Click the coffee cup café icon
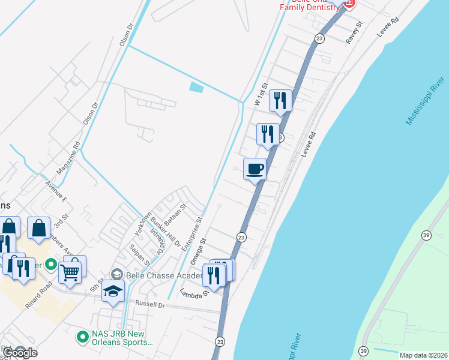(255, 168)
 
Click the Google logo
(20, 353)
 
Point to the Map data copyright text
(424, 355)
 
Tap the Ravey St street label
(355, 32)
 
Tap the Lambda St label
(193, 293)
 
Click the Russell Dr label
(150, 304)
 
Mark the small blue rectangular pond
(196, 87)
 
